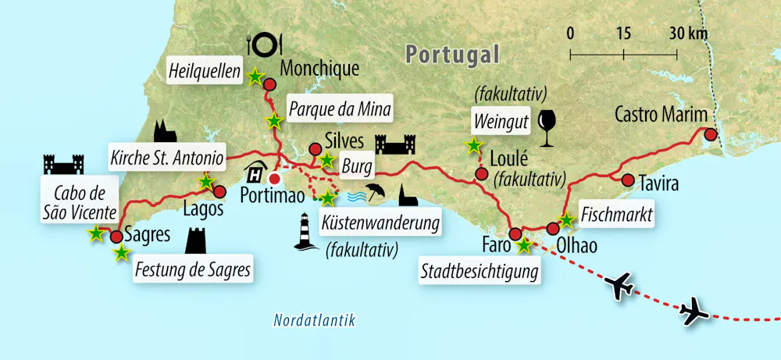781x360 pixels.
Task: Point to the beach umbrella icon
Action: click(x=376, y=192)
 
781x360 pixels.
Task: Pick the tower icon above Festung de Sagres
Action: click(x=195, y=241)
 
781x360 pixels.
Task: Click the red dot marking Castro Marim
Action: click(x=710, y=134)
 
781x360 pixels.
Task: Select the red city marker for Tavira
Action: click(x=627, y=180)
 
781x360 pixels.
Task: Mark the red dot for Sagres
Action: click(x=116, y=237)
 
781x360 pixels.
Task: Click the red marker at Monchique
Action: click(x=270, y=84)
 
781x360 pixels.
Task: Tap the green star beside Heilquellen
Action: click(x=255, y=77)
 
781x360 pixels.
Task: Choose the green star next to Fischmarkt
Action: click(x=566, y=220)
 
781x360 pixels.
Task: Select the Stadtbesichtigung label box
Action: click(x=480, y=273)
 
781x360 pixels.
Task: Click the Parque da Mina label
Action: click(x=338, y=105)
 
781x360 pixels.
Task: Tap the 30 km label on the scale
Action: click(x=688, y=33)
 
